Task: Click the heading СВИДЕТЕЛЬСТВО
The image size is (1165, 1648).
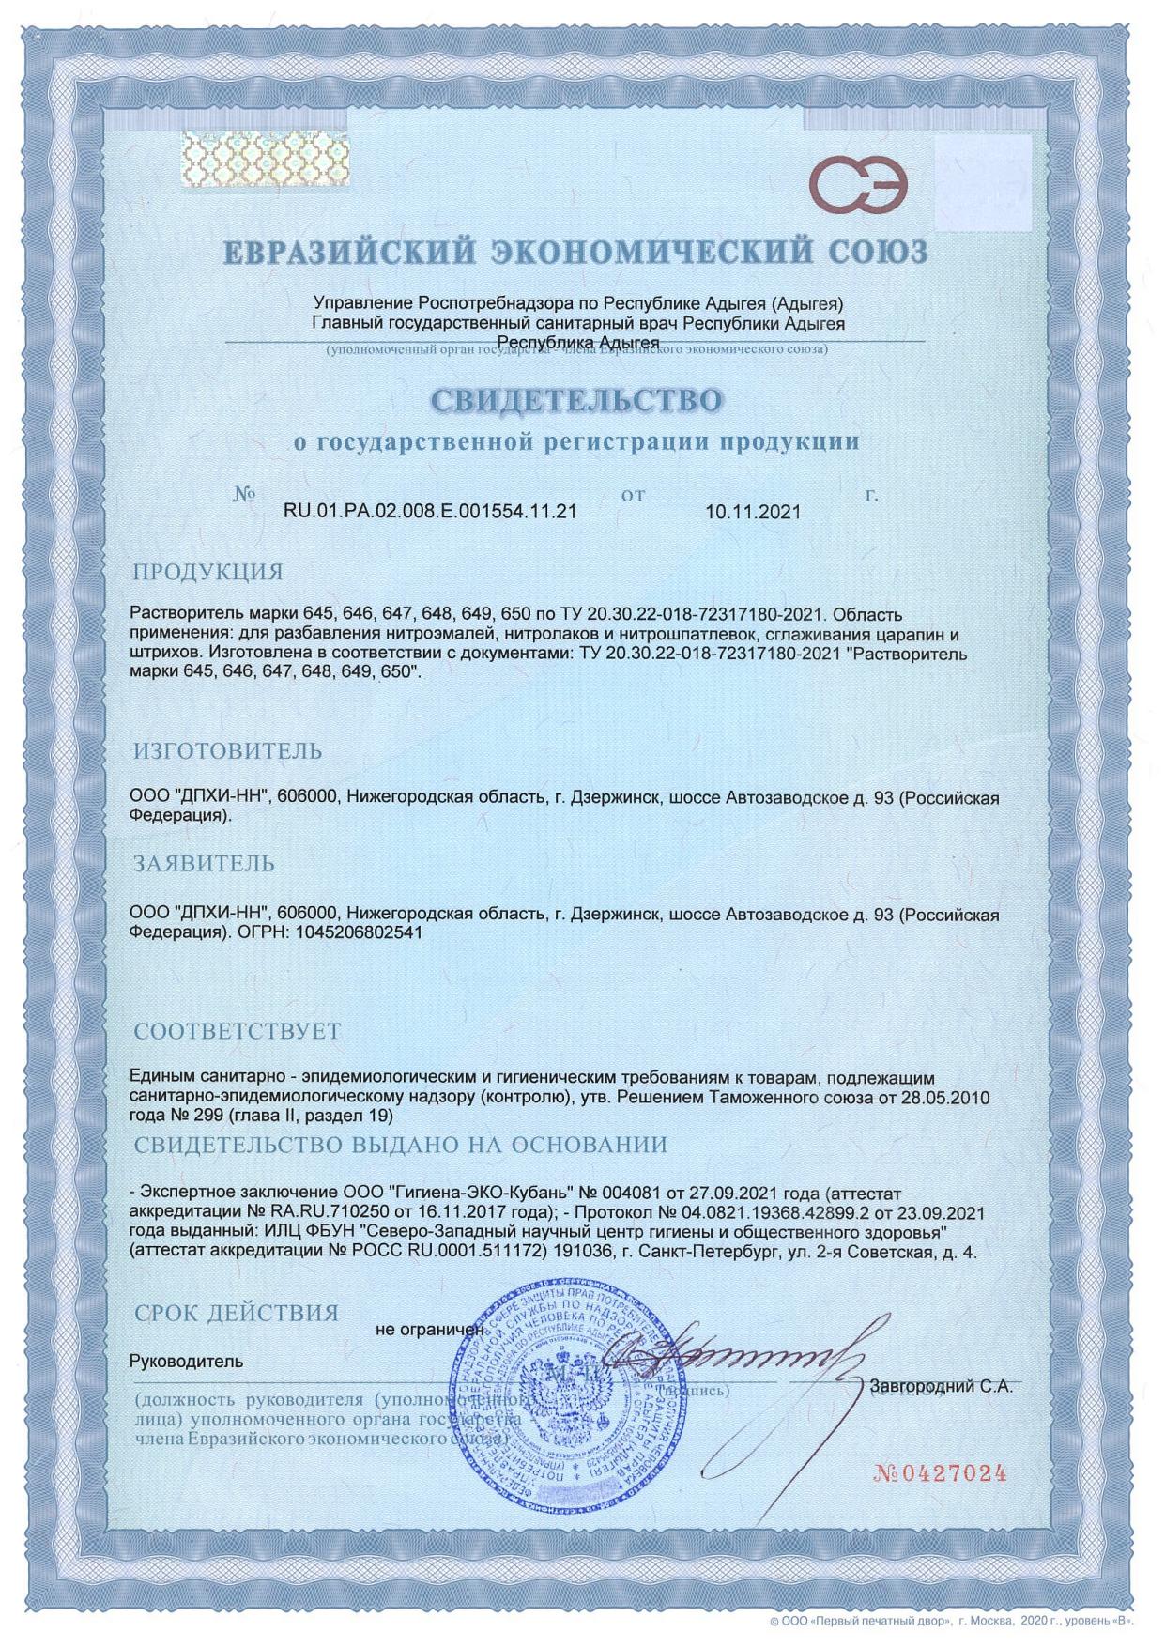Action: (577, 400)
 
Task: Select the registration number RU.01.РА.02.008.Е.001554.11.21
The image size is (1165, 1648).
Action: (430, 511)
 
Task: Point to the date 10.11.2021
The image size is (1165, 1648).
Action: (752, 512)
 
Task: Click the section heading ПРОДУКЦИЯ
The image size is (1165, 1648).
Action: (207, 572)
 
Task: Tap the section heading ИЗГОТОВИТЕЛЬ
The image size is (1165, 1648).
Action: (228, 750)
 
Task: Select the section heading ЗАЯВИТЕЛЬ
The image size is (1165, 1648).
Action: (204, 863)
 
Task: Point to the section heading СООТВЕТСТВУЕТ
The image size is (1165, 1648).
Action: (238, 1030)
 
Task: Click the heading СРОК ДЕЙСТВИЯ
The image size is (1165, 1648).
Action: (237, 1312)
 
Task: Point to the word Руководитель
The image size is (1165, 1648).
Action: (186, 1361)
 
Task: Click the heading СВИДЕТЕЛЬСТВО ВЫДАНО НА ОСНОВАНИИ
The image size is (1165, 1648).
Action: (400, 1145)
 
